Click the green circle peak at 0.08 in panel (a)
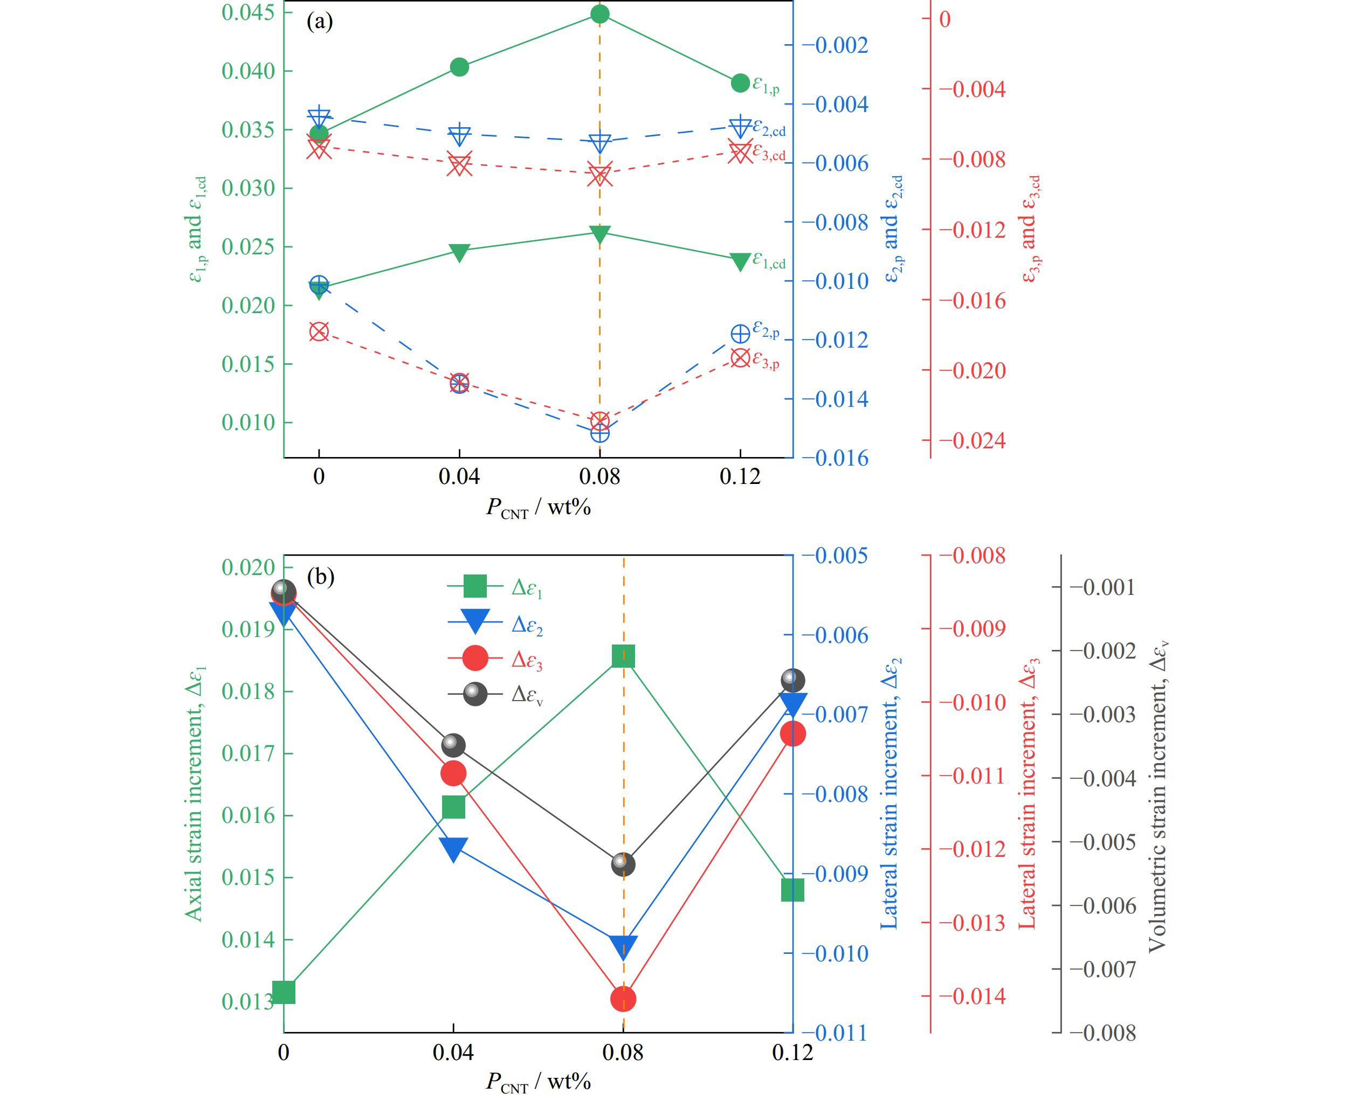(599, 14)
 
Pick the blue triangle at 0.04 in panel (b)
(453, 849)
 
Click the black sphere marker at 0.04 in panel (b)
(453, 745)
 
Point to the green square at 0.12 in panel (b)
(793, 890)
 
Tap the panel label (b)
(320, 577)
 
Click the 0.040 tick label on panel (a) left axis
(248, 71)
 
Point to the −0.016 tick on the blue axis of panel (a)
(836, 458)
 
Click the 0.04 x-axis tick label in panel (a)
(459, 476)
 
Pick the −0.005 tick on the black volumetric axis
(1103, 842)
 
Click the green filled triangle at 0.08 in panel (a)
(599, 234)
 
